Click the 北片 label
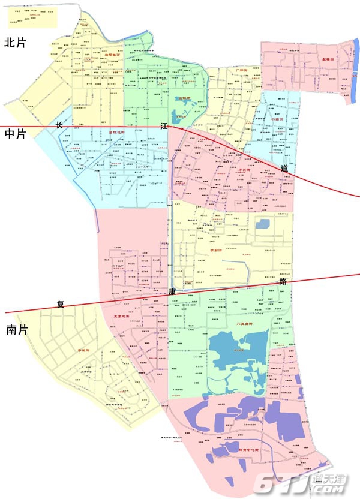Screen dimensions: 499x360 click(16, 43)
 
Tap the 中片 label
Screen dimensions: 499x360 click(16, 135)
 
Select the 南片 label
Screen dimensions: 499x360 click(16, 329)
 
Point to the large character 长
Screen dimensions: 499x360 click(59, 125)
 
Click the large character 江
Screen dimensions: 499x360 click(164, 125)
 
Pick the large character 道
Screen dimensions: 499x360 click(284, 169)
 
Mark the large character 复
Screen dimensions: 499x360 click(60, 303)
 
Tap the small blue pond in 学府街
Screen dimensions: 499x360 click(262, 224)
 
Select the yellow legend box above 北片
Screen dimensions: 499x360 click(32, 17)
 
